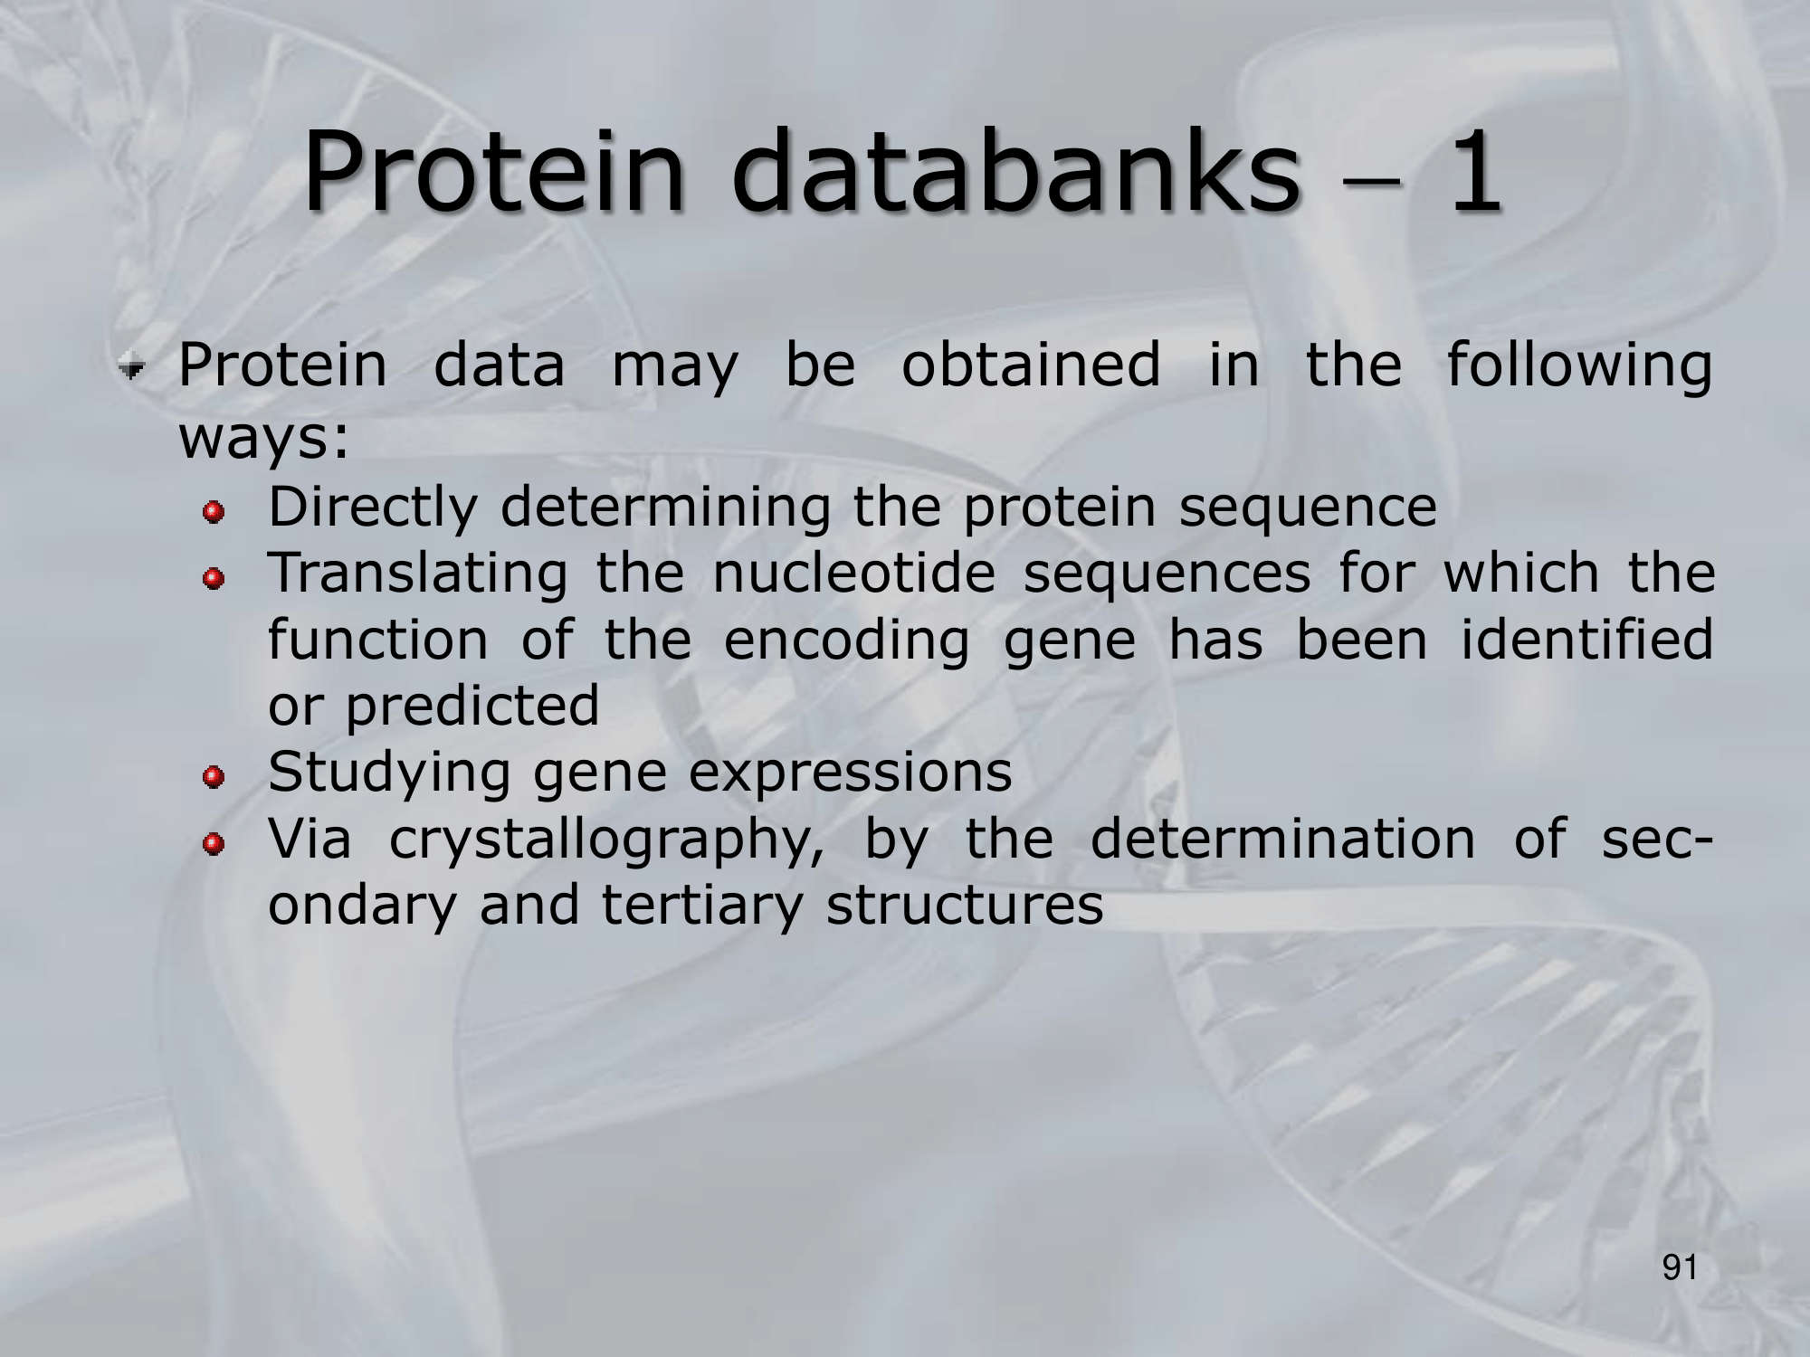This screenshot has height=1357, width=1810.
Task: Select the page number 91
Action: tap(1681, 1268)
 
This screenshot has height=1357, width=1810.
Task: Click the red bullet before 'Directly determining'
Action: tap(214, 513)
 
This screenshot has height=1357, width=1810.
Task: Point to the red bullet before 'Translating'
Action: tap(214, 578)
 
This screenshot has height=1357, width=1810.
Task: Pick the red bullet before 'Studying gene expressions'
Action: tap(214, 777)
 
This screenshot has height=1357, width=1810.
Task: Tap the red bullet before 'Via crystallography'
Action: tap(214, 844)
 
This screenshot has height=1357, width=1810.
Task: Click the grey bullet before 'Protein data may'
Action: tap(135, 368)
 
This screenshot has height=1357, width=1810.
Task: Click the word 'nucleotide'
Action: tap(854, 574)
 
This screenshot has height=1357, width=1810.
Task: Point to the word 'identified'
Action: tap(1587, 640)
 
